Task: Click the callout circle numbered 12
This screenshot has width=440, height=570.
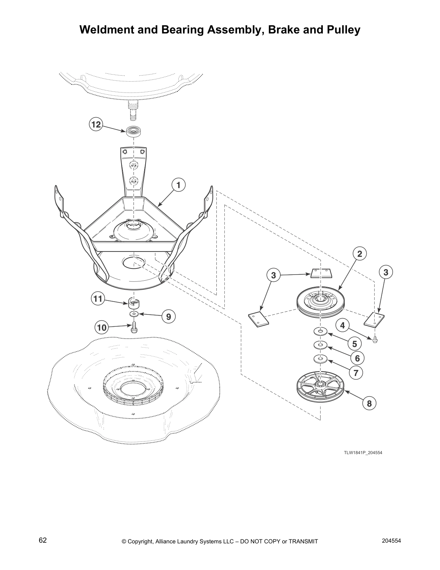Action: [96, 125]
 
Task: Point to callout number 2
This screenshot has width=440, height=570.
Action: [359, 253]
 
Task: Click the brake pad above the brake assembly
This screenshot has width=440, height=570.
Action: [321, 273]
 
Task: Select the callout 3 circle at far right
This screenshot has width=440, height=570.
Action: [386, 272]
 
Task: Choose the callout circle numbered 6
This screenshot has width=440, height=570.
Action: [357, 358]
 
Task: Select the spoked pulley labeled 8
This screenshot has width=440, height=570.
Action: [320, 390]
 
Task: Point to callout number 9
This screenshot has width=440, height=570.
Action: [168, 316]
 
